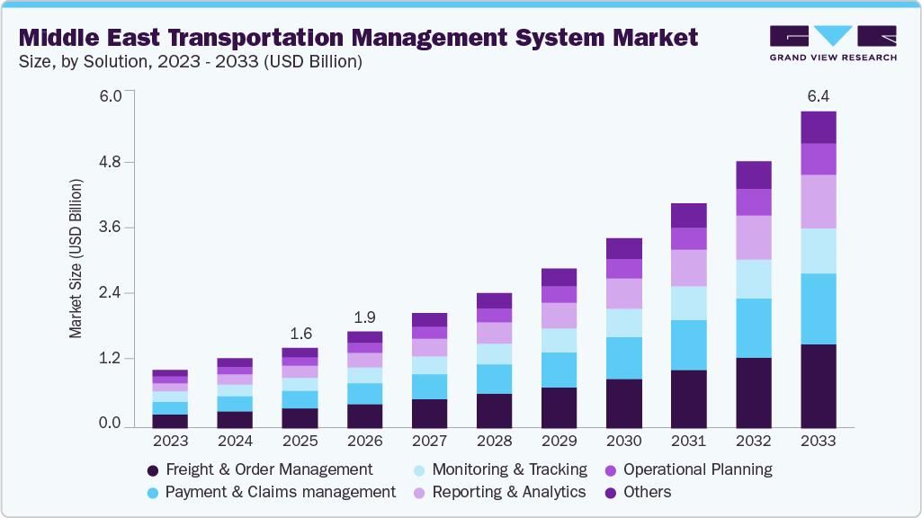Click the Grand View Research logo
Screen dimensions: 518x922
click(x=833, y=42)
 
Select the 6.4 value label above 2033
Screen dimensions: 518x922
click(x=818, y=96)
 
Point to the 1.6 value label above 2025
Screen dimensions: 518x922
click(x=300, y=333)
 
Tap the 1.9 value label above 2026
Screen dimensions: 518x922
click(x=364, y=317)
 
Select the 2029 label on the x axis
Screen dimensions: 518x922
click(x=559, y=442)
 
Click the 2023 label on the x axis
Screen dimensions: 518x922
click(x=170, y=442)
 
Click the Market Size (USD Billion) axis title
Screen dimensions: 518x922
click(x=76, y=259)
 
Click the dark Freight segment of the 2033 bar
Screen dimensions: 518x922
click(x=818, y=386)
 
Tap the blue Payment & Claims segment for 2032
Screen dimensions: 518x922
click(x=753, y=328)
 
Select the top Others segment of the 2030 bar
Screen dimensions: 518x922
click(x=623, y=248)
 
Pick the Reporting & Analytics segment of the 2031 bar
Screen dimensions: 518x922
click(x=688, y=268)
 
